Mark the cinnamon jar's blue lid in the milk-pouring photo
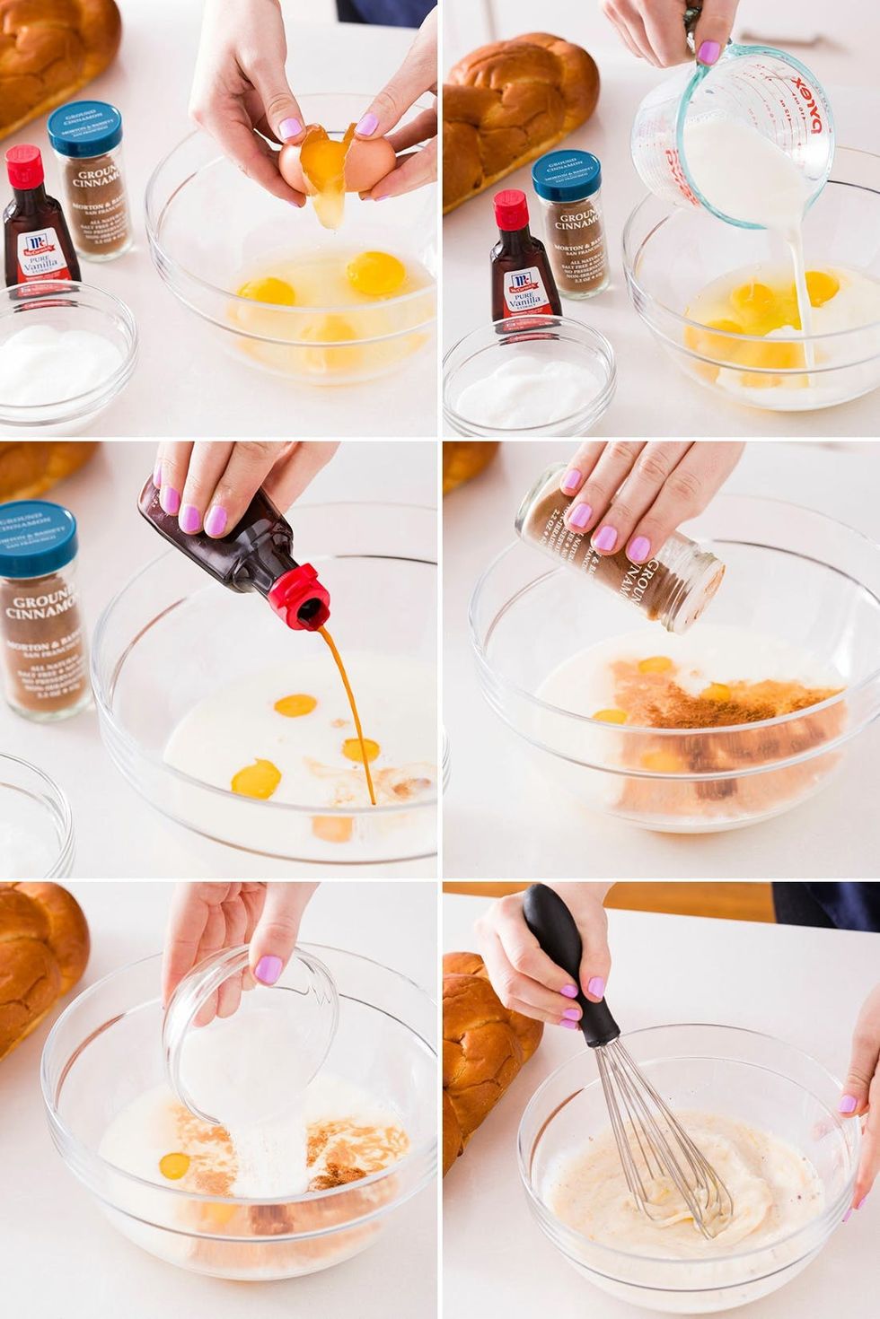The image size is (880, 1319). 566,175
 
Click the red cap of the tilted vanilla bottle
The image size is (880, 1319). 301,597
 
